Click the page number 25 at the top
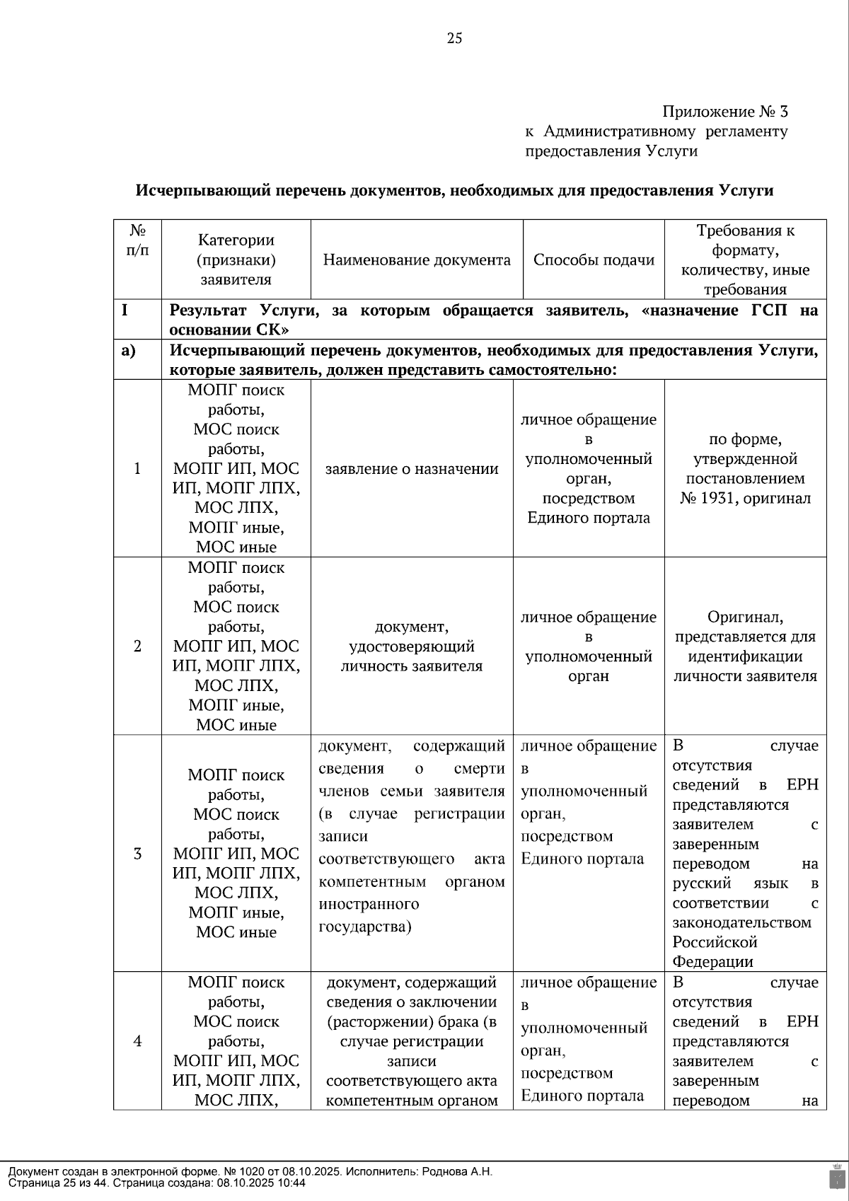(454, 38)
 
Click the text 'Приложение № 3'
(724, 112)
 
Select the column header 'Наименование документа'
(417, 260)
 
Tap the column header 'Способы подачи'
(594, 260)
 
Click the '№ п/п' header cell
(137, 240)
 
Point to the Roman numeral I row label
(125, 311)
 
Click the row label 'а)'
(129, 350)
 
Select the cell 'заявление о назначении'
(412, 469)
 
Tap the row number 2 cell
(137, 646)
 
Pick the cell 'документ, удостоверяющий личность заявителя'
(412, 646)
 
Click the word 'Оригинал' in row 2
(745, 617)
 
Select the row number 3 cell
(137, 853)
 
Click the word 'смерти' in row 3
(479, 768)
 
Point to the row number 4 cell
(137, 1040)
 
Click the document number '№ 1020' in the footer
(243, 1171)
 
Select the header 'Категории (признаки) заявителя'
(236, 260)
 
